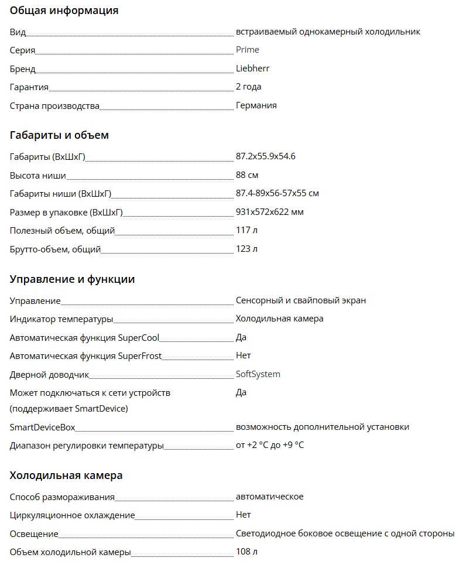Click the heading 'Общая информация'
[64, 11]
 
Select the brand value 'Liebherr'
[252, 69]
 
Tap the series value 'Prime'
[247, 50]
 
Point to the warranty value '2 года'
[248, 87]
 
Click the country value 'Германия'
[256, 105]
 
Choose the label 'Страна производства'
[54, 106]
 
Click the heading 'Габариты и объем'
[59, 135]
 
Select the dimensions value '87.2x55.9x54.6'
[265, 156]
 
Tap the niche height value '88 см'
[247, 175]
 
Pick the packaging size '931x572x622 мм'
[269, 212]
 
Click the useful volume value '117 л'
[246, 230]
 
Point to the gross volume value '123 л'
[246, 249]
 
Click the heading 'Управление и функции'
[72, 279]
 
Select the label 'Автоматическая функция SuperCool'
[84, 337]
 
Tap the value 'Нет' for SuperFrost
[243, 355]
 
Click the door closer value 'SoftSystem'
[258, 374]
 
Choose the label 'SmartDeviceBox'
[42, 427]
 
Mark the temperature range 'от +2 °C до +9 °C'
[270, 446]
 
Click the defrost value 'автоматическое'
[269, 497]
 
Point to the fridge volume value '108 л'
[246, 552]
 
